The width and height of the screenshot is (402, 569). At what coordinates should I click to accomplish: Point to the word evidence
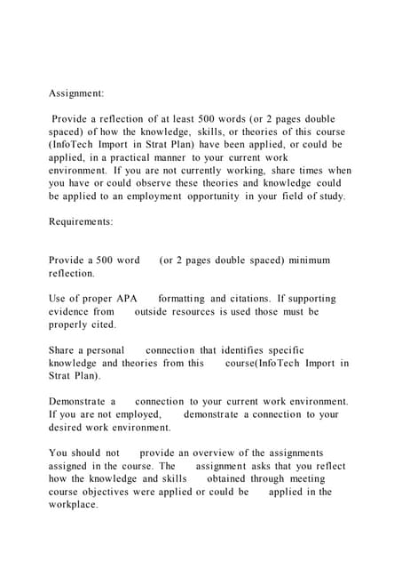point(70,312)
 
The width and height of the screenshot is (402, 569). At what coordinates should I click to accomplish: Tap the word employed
point(137,414)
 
